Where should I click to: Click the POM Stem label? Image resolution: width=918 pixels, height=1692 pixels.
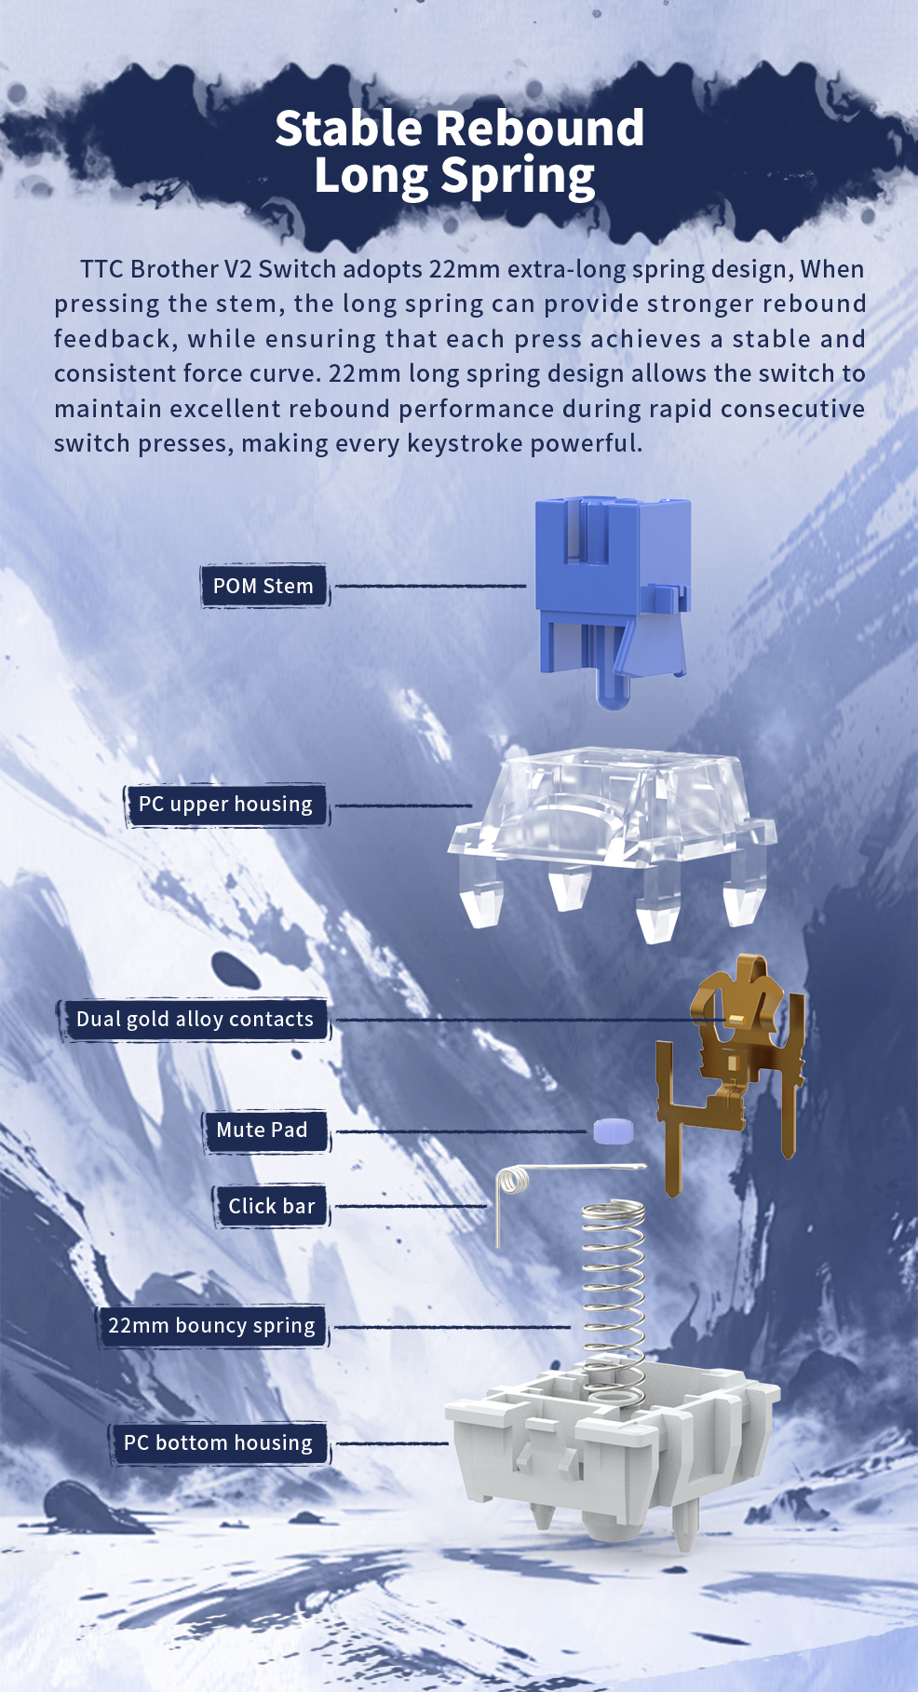(264, 586)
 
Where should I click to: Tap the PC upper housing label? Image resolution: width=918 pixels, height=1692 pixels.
(226, 805)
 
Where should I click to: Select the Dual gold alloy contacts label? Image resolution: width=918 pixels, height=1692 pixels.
(195, 1020)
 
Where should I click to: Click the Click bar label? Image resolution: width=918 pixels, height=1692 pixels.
(271, 1207)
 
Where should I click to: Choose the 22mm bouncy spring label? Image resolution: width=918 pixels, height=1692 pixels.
(212, 1325)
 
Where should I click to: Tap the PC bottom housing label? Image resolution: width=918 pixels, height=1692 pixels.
(218, 1442)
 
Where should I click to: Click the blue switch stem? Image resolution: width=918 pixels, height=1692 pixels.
(613, 596)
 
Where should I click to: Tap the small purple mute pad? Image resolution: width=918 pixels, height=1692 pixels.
(614, 1131)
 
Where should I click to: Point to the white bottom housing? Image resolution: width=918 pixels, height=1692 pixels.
(613, 1453)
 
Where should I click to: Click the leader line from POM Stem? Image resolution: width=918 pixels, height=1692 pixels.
(430, 586)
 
